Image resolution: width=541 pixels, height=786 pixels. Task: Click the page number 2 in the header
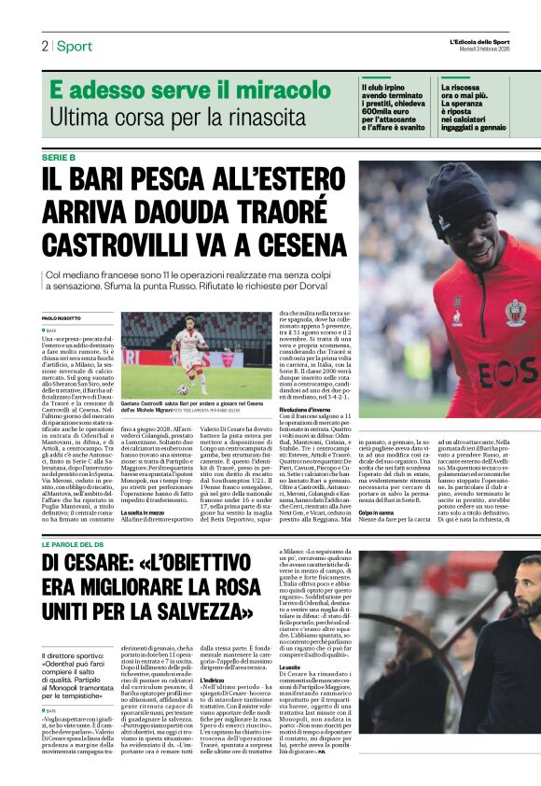(45, 46)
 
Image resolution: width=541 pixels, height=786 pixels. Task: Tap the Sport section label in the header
(74, 46)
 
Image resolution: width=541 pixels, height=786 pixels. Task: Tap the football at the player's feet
(183, 388)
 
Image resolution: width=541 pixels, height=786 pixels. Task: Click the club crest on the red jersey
(515, 312)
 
